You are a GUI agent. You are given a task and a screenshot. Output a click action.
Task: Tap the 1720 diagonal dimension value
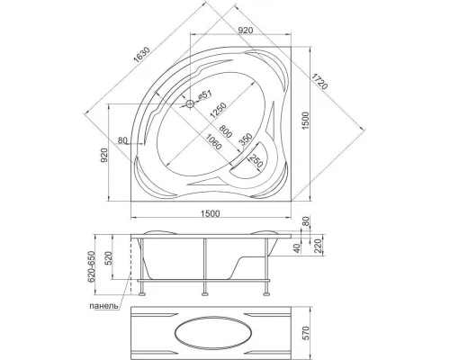point(319,81)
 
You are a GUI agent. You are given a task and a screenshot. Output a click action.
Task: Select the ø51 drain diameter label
point(205,95)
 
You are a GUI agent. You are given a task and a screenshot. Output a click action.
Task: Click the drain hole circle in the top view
point(190,104)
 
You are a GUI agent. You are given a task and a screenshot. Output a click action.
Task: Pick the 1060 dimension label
point(214,141)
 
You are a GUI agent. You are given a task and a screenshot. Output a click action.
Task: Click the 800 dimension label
point(226,131)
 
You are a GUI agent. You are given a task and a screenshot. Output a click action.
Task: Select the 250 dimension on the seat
point(256,162)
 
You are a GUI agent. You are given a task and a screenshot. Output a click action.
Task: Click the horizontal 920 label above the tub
point(246,30)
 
